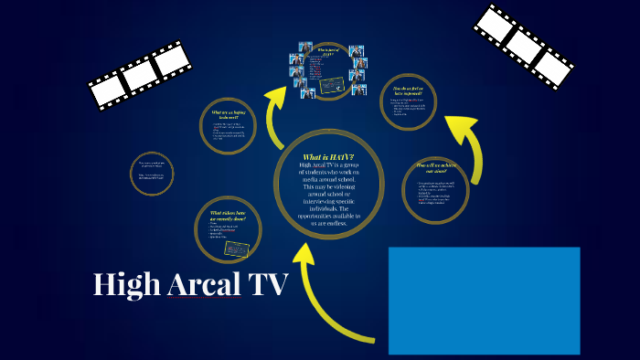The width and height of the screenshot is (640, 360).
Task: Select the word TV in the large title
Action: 266,285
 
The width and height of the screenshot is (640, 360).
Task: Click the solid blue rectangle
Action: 484,300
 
